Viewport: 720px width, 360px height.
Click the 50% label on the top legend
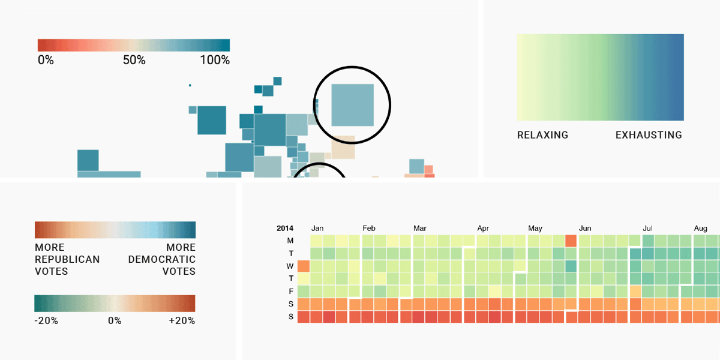[x=134, y=60]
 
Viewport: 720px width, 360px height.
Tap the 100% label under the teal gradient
[x=215, y=60]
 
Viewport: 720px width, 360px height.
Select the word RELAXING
[x=542, y=135]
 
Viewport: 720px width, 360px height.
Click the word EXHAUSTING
[x=649, y=135]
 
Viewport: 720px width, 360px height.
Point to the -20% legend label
[x=46, y=320]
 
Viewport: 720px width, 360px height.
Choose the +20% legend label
[x=182, y=320]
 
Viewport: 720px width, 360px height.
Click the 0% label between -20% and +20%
[x=115, y=320]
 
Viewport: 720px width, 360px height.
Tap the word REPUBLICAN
[x=67, y=259]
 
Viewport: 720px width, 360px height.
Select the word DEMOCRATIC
[x=162, y=259]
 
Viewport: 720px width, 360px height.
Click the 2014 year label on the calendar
[x=285, y=229]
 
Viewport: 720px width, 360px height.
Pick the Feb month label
[x=369, y=229]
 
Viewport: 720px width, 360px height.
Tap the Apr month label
[x=483, y=229]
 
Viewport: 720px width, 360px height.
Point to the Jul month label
[x=648, y=229]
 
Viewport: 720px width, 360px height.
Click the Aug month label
[x=700, y=229]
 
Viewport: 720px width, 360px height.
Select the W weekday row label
[x=290, y=266]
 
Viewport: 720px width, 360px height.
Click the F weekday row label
[x=291, y=291]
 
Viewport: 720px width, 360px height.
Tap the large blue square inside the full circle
[x=353, y=105]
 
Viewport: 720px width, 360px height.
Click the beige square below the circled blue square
[x=343, y=148]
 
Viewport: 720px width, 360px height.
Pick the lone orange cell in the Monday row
[x=571, y=241]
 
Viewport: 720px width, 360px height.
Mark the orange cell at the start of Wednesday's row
[x=304, y=266]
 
